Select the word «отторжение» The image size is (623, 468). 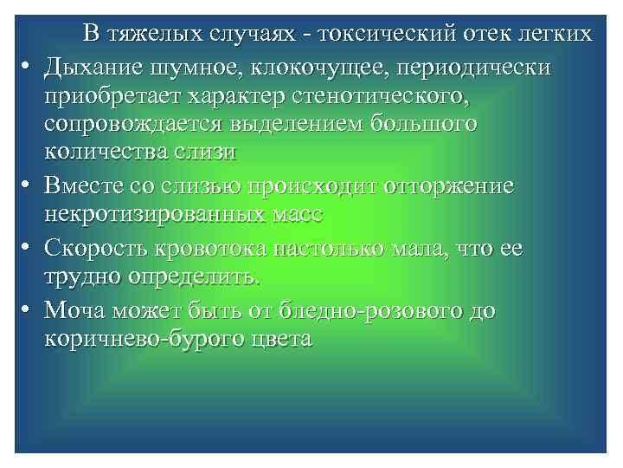click(442, 188)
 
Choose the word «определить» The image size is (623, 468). click(194, 278)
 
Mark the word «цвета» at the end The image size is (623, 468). click(283, 339)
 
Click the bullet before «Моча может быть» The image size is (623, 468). click(26, 310)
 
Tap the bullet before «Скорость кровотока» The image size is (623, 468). click(26, 250)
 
